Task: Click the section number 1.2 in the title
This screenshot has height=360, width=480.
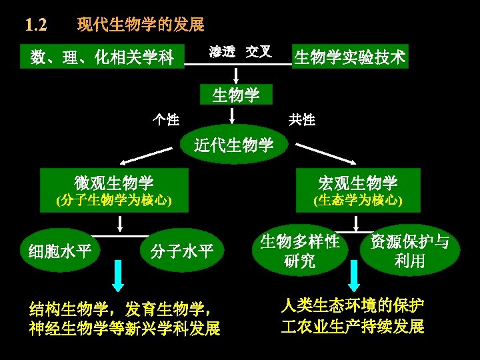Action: click(35, 25)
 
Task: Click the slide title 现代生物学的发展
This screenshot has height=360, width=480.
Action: click(141, 25)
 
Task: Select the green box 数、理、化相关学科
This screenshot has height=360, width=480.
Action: click(102, 58)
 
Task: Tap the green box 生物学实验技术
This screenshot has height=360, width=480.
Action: click(350, 57)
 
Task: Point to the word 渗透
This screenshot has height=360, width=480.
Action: click(222, 52)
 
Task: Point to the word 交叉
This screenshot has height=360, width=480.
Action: click(258, 52)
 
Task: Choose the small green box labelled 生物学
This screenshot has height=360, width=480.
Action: click(236, 95)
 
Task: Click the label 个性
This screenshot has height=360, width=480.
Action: click(165, 120)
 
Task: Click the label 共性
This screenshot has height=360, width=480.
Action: click(302, 120)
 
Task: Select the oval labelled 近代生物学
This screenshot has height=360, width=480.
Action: click(233, 144)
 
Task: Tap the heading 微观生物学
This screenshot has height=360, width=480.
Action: click(114, 182)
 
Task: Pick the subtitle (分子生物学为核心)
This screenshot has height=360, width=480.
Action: click(114, 200)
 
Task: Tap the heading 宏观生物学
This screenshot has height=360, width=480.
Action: click(358, 182)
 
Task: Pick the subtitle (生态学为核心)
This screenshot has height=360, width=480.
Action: click(358, 200)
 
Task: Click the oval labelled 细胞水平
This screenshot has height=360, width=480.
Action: click(60, 251)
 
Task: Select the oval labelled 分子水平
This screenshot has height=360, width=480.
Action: click(182, 251)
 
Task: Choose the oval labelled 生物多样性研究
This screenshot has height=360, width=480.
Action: click(300, 251)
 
